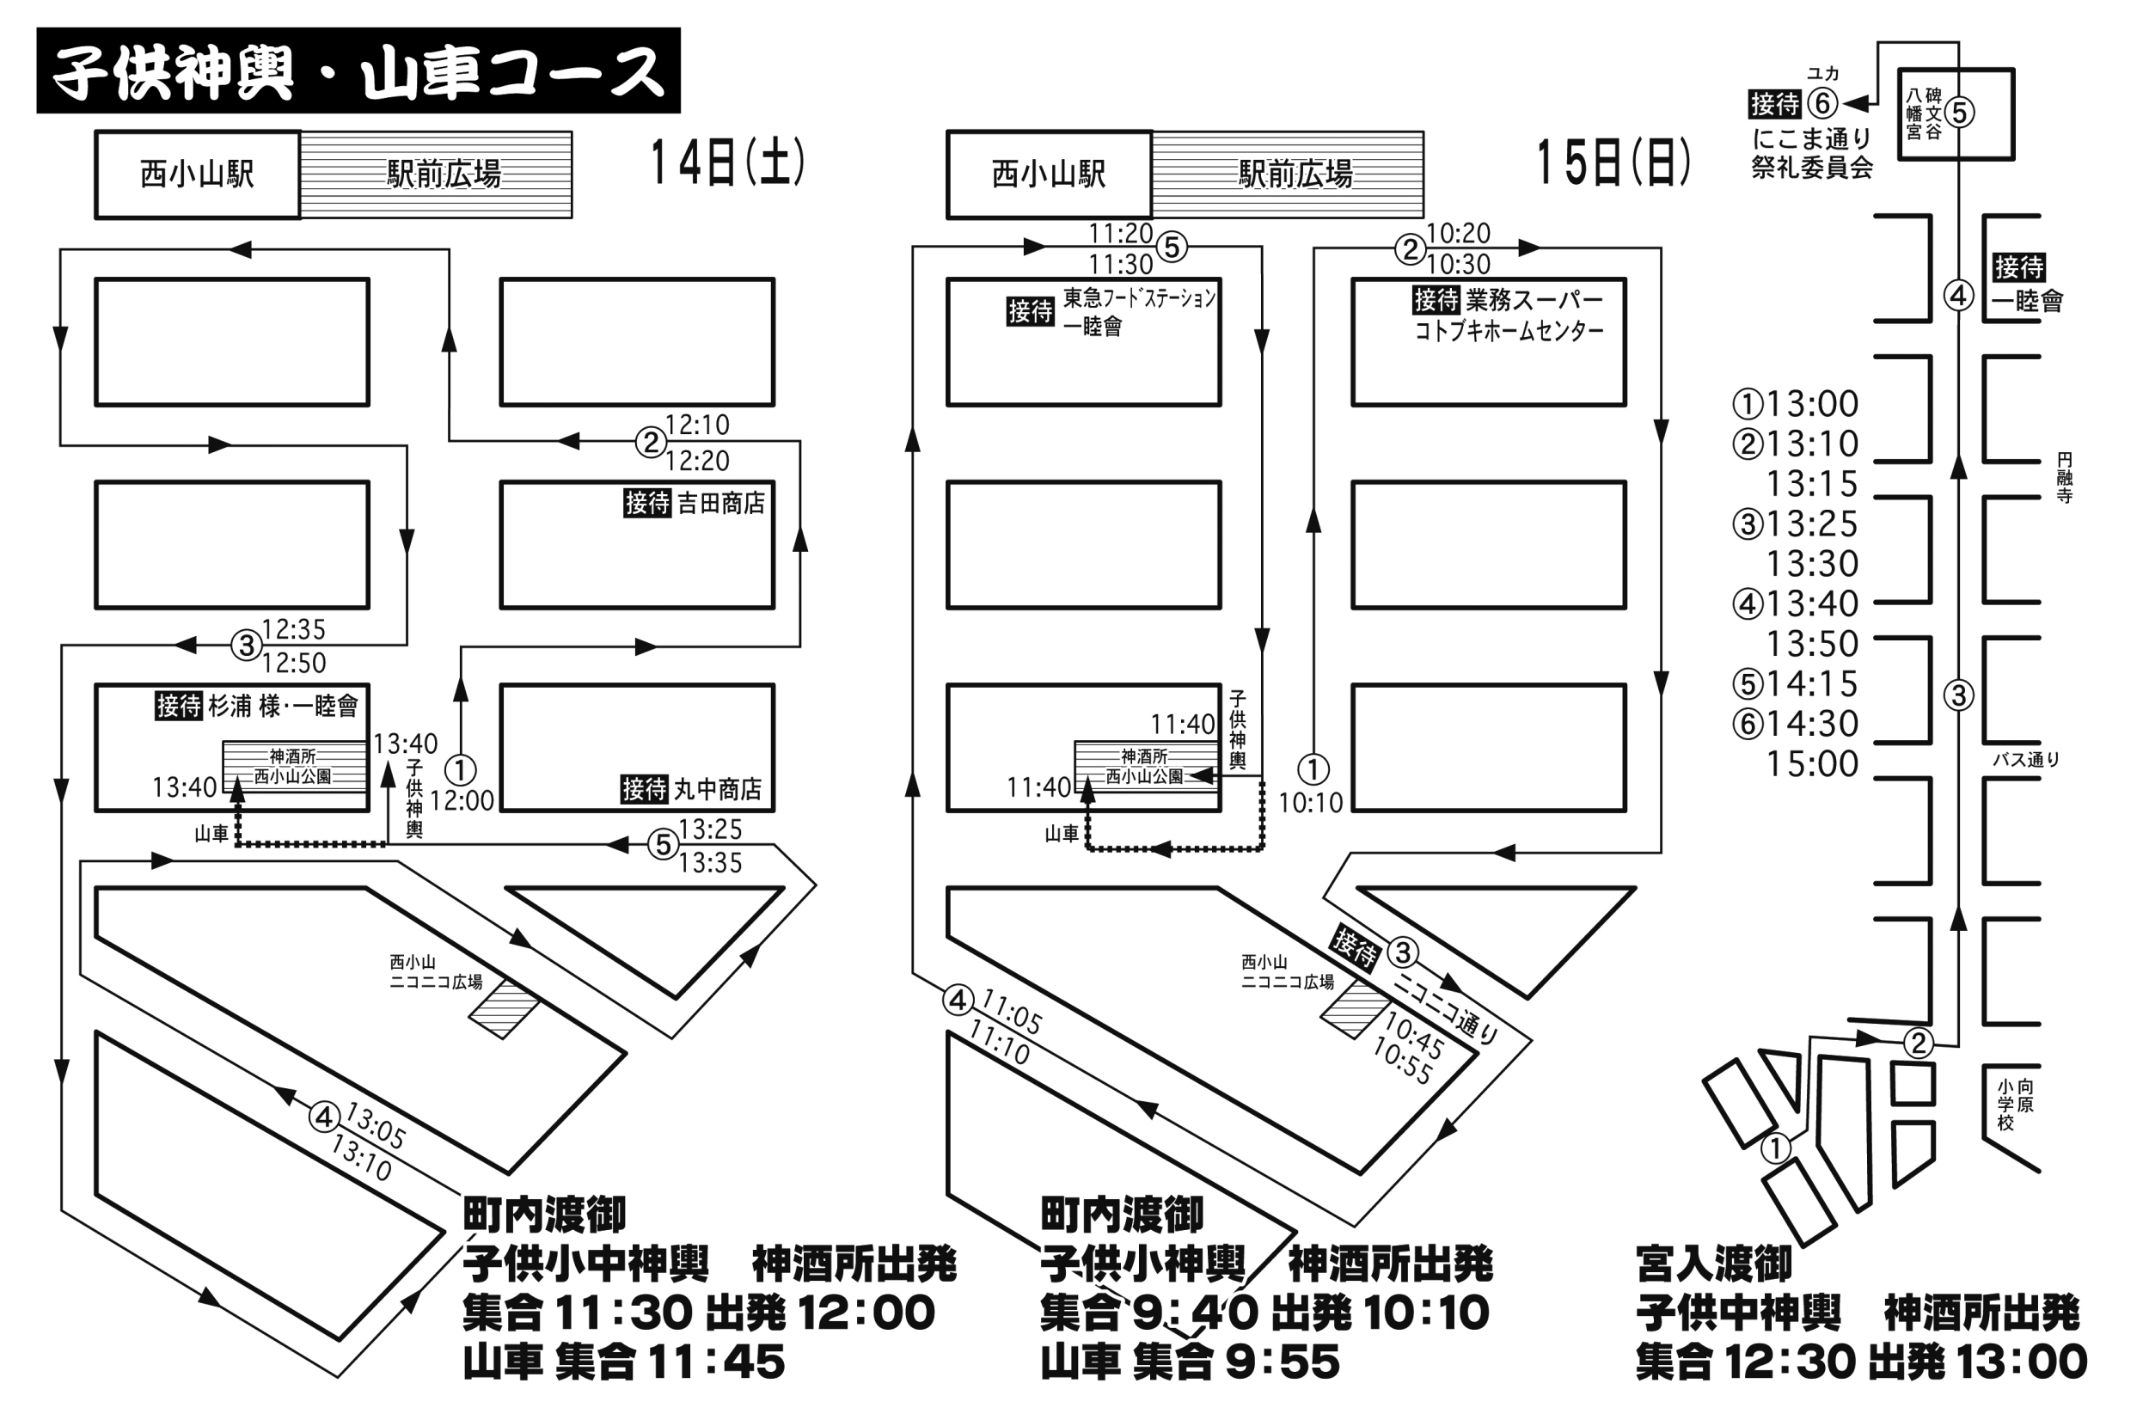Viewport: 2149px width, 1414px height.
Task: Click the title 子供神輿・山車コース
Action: (x=358, y=71)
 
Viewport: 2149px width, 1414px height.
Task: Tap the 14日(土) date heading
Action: (x=727, y=163)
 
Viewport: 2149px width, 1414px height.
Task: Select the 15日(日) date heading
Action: (x=1613, y=163)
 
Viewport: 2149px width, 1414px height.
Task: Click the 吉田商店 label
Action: (x=720, y=503)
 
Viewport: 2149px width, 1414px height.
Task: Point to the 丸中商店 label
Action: (x=718, y=789)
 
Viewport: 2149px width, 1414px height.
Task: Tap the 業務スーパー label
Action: (x=1534, y=299)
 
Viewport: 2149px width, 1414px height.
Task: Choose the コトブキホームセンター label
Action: (x=1509, y=332)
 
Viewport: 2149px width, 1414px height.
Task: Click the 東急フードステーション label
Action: (x=1140, y=298)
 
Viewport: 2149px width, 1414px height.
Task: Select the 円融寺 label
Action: (x=2064, y=478)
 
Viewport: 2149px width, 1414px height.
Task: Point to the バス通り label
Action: (x=2026, y=759)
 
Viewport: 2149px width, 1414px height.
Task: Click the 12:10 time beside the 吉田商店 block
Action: (x=697, y=425)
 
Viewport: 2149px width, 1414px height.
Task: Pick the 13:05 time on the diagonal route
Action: (x=375, y=1127)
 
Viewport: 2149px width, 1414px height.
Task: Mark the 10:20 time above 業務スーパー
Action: (x=1458, y=234)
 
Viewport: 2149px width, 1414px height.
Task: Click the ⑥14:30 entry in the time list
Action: (x=1795, y=723)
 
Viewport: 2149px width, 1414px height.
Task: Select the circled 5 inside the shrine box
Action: (x=1958, y=113)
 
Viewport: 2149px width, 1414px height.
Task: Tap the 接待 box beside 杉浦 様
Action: (x=178, y=705)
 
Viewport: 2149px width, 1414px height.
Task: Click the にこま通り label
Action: (x=1811, y=138)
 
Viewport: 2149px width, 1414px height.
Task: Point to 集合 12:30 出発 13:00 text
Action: (x=1861, y=1362)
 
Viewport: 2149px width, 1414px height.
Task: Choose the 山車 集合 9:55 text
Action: (x=1190, y=1362)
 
